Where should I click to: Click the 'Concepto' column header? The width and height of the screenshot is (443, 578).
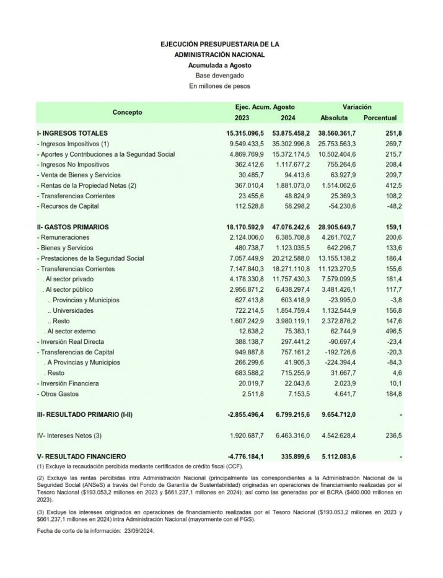pyautogui.click(x=127, y=112)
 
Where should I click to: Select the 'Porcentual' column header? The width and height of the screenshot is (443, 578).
pyautogui.click(x=380, y=118)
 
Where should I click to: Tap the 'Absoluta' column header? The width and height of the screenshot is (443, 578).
pyautogui.click(x=334, y=118)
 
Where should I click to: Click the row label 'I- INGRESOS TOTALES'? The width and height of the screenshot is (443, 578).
pyautogui.click(x=72, y=133)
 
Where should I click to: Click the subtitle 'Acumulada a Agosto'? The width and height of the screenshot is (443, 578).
pyautogui.click(x=220, y=65)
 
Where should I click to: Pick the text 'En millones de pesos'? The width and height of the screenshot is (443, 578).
pyautogui.click(x=220, y=86)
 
